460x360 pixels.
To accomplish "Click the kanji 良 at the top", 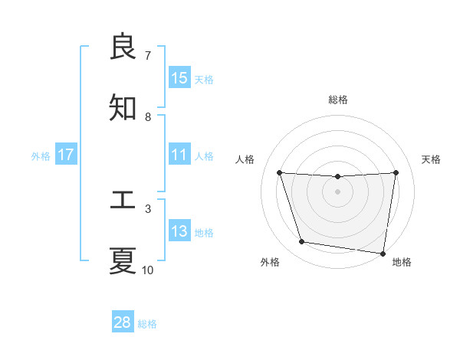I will pyautogui.click(x=123, y=47).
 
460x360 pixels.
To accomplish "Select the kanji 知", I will pyautogui.click(x=123, y=108).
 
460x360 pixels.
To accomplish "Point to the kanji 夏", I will pyautogui.click(x=123, y=260).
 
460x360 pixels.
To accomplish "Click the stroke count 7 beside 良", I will pyautogui.click(x=148, y=56).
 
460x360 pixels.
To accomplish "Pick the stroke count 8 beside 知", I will pyautogui.click(x=148, y=117).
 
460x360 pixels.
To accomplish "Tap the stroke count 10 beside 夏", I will pyautogui.click(x=148, y=270).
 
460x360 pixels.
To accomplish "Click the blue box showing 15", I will pyautogui.click(x=179, y=78).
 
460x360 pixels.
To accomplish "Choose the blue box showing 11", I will pyautogui.click(x=179, y=155).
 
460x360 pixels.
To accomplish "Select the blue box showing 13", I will pyautogui.click(x=179, y=231).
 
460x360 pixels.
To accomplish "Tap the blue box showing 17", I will pyautogui.click(x=66, y=155).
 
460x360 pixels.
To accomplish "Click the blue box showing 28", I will pyautogui.click(x=123, y=322).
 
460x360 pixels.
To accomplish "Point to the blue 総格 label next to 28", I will pyautogui.click(x=147, y=324).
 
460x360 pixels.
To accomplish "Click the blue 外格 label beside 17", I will pyautogui.click(x=41, y=156).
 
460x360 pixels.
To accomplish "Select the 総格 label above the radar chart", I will pyautogui.click(x=338, y=100).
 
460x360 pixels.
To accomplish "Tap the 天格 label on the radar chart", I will pyautogui.click(x=432, y=159).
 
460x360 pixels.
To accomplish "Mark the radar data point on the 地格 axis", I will pyautogui.click(x=383, y=253).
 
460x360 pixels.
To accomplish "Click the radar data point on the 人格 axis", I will pyautogui.click(x=280, y=173).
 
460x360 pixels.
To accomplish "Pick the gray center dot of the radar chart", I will pyautogui.click(x=338, y=191).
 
